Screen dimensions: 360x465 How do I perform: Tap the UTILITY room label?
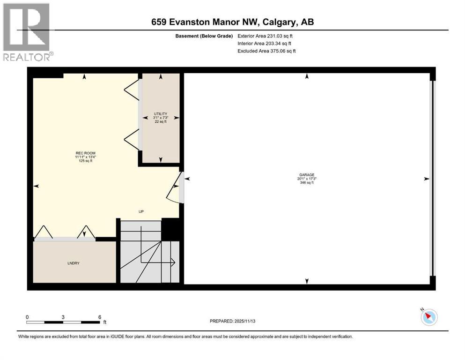161,114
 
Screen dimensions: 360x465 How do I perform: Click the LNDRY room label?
73,263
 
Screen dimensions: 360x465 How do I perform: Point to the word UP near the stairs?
141,211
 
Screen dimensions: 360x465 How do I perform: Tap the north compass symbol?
429,317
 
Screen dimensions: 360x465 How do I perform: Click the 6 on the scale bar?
100,316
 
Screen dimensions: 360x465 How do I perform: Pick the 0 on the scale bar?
28,316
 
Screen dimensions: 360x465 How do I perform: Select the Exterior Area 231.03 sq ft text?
267,36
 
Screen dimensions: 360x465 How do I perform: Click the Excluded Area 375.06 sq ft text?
267,51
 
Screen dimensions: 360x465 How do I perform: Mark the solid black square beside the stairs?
170,230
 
